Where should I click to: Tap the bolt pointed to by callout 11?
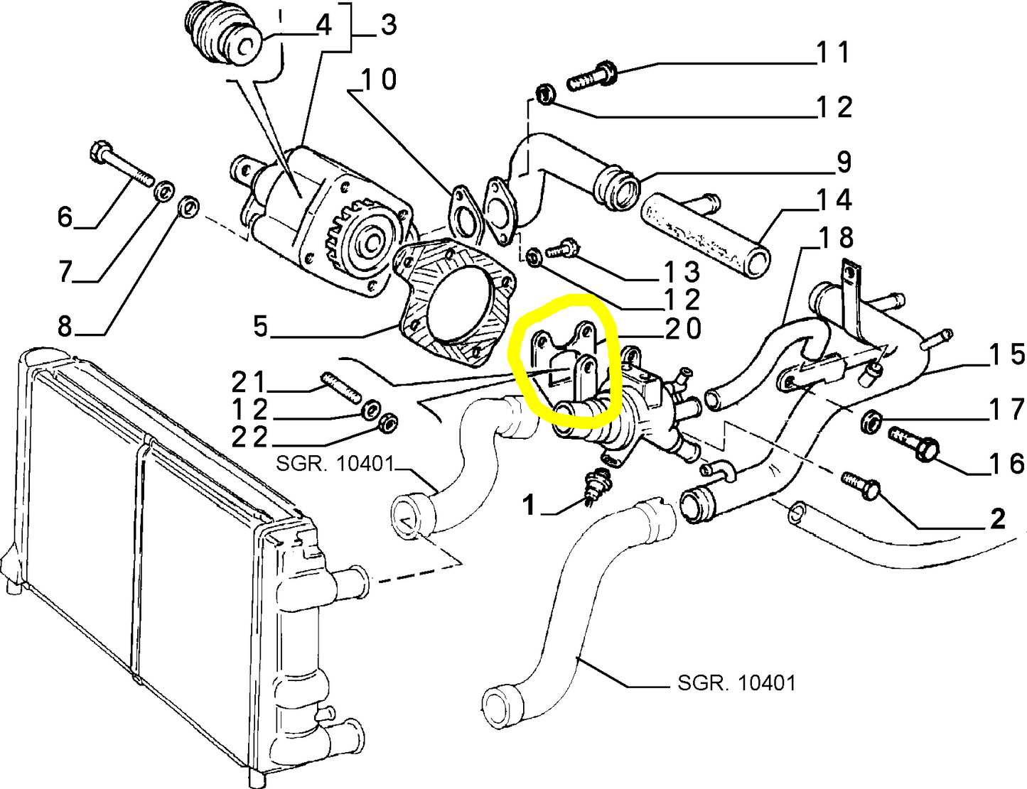pos(591,76)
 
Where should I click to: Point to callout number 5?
pos(261,327)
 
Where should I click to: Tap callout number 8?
pos(65,327)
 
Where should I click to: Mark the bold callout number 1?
pos(528,505)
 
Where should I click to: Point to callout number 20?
pos(682,328)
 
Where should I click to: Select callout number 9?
pos(844,162)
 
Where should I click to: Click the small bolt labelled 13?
pos(561,249)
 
